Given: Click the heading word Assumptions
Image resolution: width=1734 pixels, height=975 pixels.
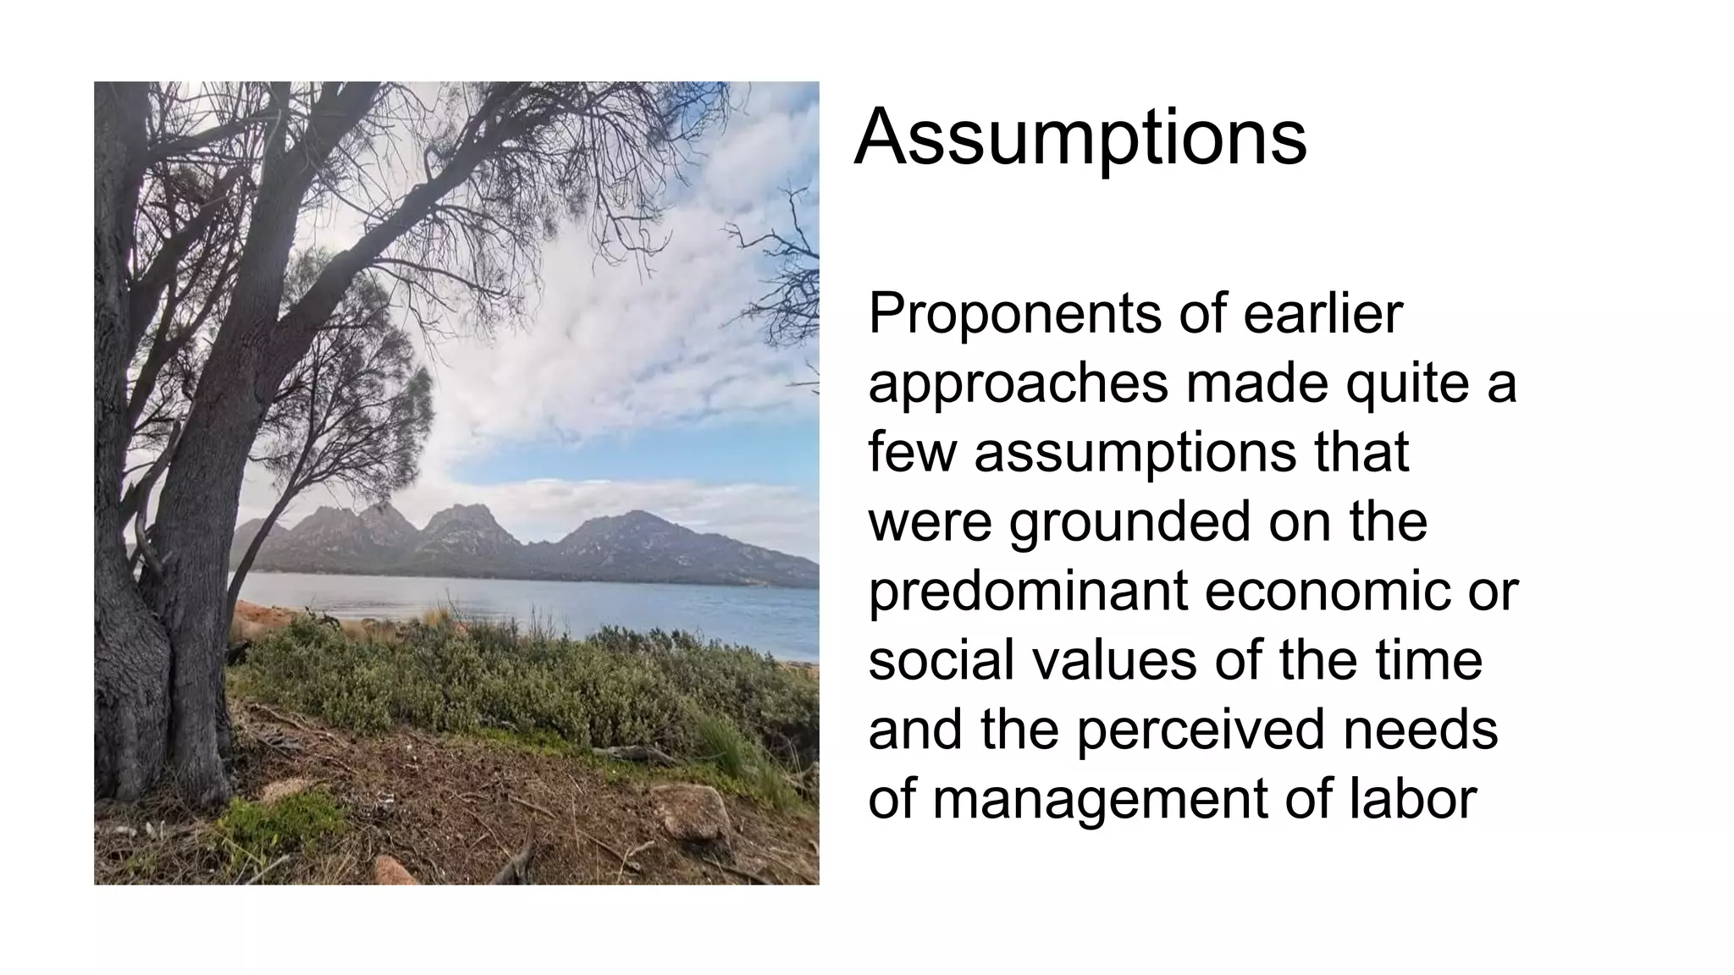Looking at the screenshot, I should [x=1080, y=137].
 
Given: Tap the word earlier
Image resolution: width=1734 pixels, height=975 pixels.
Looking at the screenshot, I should [x=1323, y=313].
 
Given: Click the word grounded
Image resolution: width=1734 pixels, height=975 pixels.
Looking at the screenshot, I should [x=1129, y=521].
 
